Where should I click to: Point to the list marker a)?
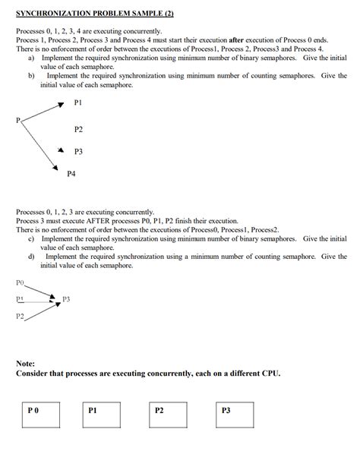coord(31,58)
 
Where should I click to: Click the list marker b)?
coord(31,76)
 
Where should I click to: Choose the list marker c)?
coord(31,238)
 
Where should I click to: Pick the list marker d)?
coord(31,257)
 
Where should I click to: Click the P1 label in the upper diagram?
coord(79,102)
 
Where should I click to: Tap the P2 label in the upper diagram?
coord(79,130)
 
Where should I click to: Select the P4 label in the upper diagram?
coord(71,174)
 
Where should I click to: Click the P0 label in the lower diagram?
coord(21,282)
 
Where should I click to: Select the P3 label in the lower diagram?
coord(67,299)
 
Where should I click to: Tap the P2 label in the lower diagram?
coord(21,316)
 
